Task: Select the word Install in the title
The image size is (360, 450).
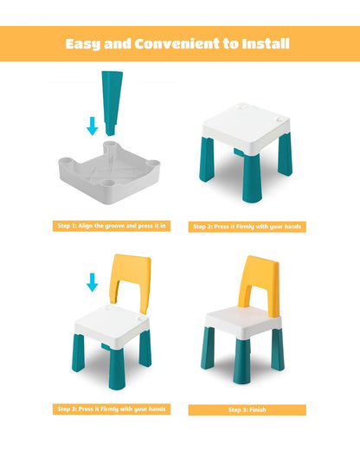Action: (265, 43)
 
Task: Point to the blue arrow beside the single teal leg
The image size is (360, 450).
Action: (92, 126)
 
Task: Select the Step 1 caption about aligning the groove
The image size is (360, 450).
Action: (113, 225)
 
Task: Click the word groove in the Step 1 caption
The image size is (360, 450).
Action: (126, 225)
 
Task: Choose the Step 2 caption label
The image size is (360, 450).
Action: (247, 227)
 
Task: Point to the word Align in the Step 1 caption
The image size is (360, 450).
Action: (97, 225)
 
